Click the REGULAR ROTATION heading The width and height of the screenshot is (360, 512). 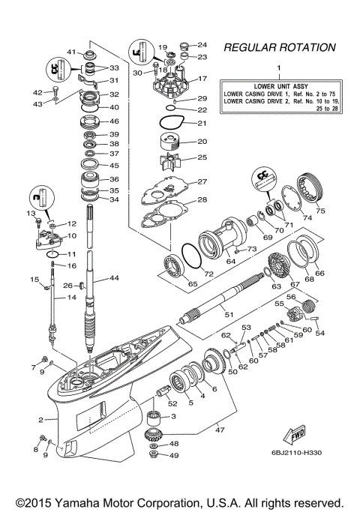[x=279, y=47]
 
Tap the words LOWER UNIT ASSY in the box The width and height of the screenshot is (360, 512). [x=278, y=86]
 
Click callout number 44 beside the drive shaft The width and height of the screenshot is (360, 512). [x=115, y=278]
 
